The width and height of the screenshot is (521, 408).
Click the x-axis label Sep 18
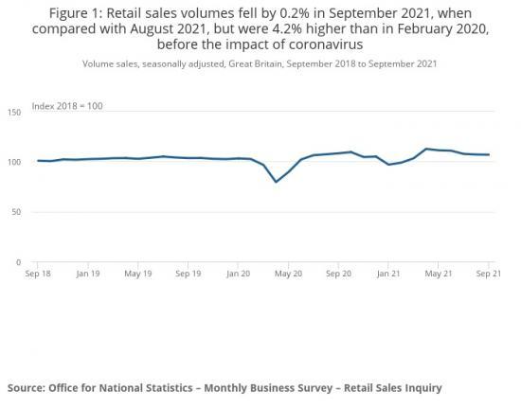[38, 274]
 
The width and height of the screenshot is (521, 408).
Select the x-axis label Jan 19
[88, 274]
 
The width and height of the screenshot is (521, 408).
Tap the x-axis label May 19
[138, 274]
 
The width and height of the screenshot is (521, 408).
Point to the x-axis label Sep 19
[189, 274]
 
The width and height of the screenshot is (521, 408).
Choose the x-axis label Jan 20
[239, 274]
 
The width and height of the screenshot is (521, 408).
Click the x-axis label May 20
[289, 274]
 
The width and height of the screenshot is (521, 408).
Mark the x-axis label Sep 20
[339, 274]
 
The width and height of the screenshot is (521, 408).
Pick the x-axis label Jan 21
[388, 274]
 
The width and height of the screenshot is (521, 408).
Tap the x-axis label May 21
[439, 274]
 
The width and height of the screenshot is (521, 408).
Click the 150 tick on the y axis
[13, 113]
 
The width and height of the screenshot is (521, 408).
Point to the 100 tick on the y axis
[13, 163]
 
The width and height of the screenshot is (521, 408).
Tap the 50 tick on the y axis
[16, 212]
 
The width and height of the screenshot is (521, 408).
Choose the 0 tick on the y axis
[18, 262]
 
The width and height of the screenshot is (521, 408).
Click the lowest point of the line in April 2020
[276, 182]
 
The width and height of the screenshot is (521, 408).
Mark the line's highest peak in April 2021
[426, 149]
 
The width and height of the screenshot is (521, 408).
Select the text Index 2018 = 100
[67, 105]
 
